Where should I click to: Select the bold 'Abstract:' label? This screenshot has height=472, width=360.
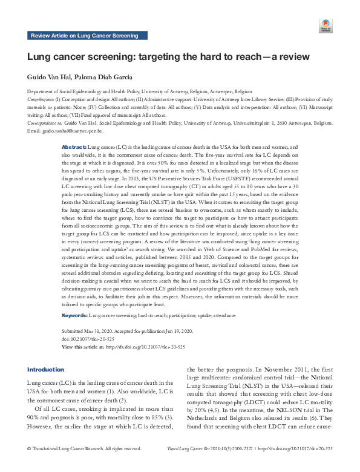click(74, 147)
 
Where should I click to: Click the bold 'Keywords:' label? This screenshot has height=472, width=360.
click(75, 316)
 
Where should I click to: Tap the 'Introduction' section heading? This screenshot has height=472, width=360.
click(46, 369)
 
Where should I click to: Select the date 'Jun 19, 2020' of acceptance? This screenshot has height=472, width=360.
click(175, 332)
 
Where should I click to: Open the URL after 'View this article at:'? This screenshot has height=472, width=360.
click(145, 346)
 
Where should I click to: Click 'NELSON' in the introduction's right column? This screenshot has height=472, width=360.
click(286, 410)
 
